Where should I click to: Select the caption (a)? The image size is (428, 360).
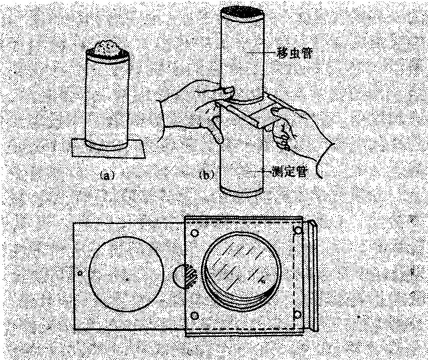pyautogui.click(x=107, y=175)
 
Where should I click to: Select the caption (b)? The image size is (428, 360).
pyautogui.click(x=206, y=175)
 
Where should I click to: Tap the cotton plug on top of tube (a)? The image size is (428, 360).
pyautogui.click(x=108, y=49)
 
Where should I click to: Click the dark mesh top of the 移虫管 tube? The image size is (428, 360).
pyautogui.click(x=243, y=13)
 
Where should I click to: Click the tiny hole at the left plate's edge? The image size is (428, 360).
pyautogui.click(x=80, y=273)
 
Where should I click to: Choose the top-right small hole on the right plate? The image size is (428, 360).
pyautogui.click(x=298, y=230)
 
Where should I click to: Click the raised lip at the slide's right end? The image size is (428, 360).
pyautogui.click(x=314, y=275)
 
